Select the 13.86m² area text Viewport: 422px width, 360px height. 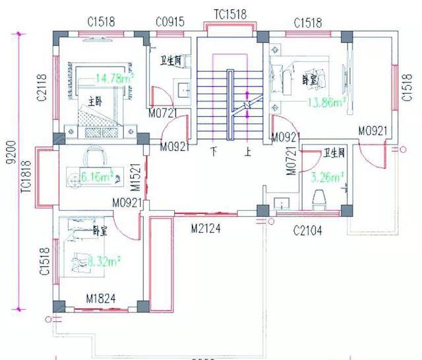pos(328,102)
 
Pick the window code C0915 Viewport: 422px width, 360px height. pos(171,22)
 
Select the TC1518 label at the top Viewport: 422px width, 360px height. pos(230,14)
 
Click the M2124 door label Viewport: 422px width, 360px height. pos(206,228)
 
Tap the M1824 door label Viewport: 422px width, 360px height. pos(101,298)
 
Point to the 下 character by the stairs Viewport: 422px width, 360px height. pos(214,152)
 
